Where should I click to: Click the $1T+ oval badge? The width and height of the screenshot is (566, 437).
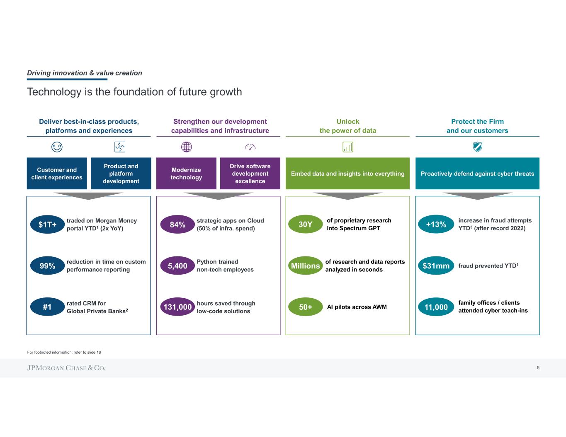pos(48,225)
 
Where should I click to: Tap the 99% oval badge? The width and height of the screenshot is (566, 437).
pos(48,266)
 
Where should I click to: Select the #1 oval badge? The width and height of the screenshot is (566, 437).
pos(48,307)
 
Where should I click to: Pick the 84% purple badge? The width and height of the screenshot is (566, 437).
pos(177,225)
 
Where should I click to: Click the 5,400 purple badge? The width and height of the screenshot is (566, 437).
pos(177,266)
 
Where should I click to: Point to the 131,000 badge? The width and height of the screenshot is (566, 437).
pos(177,307)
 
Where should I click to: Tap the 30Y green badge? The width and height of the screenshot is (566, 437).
pos(306,225)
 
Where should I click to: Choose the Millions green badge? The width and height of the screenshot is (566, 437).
pos(306,266)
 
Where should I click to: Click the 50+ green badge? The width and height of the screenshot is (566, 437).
pos(306,307)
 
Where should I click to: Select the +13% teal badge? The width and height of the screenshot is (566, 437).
pos(436,225)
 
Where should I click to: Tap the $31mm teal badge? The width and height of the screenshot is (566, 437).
pos(436,266)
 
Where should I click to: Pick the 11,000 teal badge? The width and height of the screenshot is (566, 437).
pos(436,307)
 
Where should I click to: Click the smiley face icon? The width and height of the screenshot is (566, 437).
pos(57,147)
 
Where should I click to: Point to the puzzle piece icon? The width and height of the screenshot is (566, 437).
pos(120,147)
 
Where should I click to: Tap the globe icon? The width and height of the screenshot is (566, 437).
pos(187,147)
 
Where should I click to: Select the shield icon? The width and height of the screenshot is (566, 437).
pos(477,147)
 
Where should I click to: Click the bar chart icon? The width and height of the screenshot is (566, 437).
pos(348,147)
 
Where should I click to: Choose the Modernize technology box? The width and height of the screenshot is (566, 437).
pos(186,174)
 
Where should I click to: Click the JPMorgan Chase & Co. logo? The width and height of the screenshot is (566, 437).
pos(66,368)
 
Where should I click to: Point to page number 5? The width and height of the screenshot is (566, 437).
pos(538,368)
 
